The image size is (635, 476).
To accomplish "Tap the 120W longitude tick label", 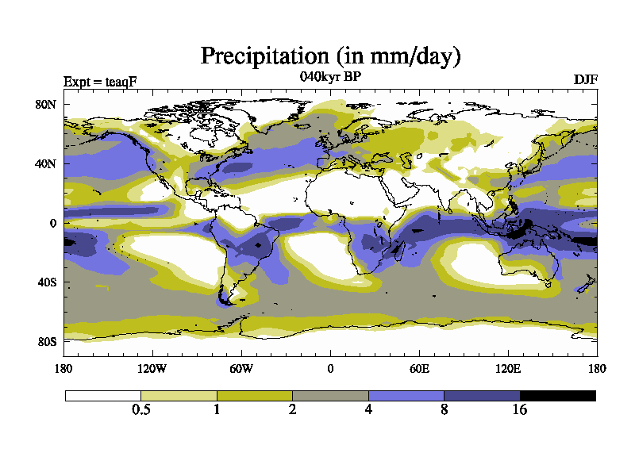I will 152,368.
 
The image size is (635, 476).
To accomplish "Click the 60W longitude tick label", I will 241,368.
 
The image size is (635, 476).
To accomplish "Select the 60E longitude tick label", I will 419,368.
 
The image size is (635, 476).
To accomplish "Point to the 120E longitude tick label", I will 508,368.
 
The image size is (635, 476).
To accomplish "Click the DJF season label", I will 585,80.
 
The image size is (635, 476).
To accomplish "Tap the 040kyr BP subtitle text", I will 331,77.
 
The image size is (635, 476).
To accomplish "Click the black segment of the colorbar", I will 557,395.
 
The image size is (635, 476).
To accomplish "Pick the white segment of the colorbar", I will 102,395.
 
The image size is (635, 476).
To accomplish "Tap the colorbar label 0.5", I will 141,410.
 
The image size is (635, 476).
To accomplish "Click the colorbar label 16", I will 520,410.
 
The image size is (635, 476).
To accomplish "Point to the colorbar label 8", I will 444,410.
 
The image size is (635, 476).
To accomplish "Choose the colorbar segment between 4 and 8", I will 406,395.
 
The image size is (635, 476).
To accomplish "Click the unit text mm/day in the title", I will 408,57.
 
